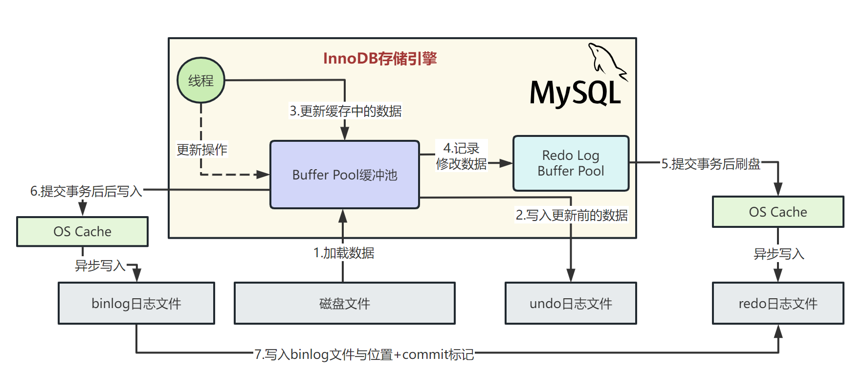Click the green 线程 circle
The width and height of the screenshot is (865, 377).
click(x=200, y=80)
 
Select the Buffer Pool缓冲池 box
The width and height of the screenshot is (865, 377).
click(x=345, y=175)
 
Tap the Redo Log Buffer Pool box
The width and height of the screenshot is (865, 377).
click(x=571, y=163)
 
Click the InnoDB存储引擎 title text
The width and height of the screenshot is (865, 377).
click(x=380, y=59)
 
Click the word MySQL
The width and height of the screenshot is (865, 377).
click(x=575, y=93)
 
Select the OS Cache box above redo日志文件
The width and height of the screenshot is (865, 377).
click(x=777, y=212)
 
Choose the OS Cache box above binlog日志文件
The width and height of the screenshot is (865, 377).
click(x=82, y=231)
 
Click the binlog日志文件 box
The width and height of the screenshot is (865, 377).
click(x=136, y=303)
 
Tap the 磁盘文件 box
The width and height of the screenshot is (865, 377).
click(x=344, y=303)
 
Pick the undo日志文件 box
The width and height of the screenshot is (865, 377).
click(x=571, y=303)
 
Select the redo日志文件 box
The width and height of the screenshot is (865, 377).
click(x=777, y=303)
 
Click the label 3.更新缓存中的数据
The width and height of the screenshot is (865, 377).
click(x=346, y=111)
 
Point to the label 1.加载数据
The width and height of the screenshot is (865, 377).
click(x=344, y=253)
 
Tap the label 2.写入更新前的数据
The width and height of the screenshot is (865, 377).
click(x=572, y=215)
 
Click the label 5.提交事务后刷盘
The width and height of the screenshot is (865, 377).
click(x=710, y=164)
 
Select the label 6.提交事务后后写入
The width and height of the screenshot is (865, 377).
click(x=86, y=191)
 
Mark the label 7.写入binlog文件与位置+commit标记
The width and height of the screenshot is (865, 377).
click(x=364, y=354)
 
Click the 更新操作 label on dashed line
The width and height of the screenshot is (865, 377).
click(x=202, y=149)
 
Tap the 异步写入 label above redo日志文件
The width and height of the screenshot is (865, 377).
click(x=778, y=254)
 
